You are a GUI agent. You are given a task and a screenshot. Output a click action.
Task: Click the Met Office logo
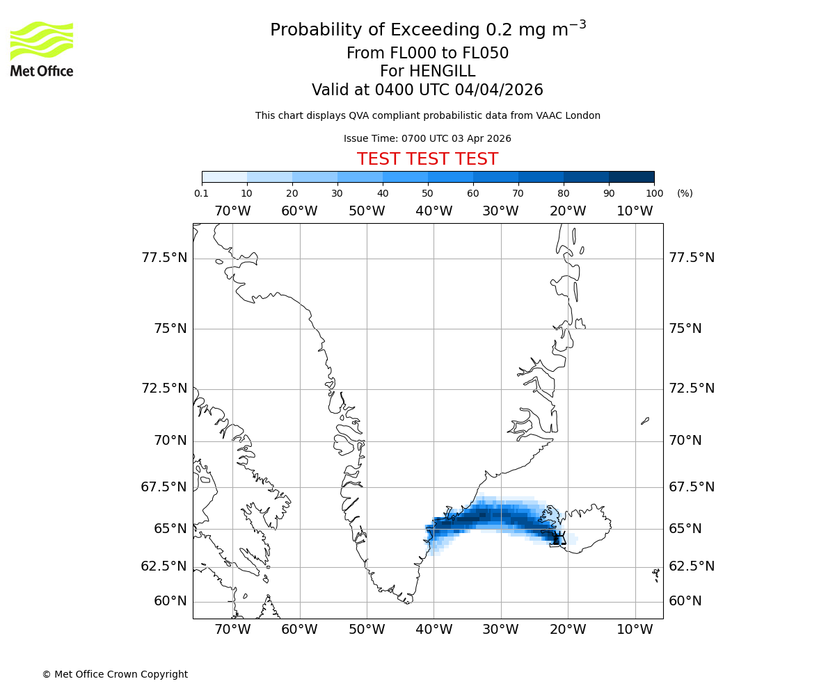tap(42, 49)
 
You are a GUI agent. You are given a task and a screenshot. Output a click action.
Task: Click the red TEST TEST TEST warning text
tap(427, 159)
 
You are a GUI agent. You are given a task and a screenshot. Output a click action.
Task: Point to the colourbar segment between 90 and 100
tap(631, 177)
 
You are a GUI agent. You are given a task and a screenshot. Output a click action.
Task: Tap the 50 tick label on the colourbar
tap(427, 193)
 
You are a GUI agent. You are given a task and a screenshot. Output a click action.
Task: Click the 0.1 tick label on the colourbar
tap(202, 193)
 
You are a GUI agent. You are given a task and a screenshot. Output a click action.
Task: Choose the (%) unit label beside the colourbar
tap(685, 193)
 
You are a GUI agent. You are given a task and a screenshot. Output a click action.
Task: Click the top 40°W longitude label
tap(434, 211)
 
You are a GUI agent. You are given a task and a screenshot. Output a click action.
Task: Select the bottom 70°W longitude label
tap(232, 630)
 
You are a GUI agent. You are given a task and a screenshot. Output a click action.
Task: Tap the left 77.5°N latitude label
tap(164, 258)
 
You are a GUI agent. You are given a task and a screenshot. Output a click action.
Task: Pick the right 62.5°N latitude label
tap(692, 566)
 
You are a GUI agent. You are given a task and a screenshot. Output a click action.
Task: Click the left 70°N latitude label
tap(170, 441)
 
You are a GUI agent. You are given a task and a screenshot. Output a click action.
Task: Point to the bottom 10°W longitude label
tap(635, 630)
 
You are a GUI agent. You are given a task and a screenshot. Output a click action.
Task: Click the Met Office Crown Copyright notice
tap(115, 674)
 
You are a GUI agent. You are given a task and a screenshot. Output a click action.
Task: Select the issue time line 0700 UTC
tap(427, 138)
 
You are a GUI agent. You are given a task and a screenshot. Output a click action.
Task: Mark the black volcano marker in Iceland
tap(558, 539)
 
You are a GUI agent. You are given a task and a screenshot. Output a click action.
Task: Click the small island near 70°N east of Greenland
tap(645, 420)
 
